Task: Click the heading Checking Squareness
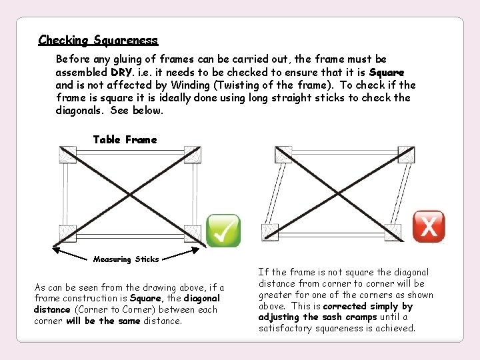(x=98, y=40)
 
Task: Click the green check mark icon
(x=223, y=231)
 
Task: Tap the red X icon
(x=429, y=227)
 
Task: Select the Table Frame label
(x=125, y=139)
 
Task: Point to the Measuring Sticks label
(x=126, y=259)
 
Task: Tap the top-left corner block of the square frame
(x=67, y=155)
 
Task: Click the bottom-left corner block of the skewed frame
(x=269, y=232)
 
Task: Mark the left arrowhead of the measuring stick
(x=56, y=251)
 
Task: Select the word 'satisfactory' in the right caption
(x=287, y=328)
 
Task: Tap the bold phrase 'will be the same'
(x=103, y=321)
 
